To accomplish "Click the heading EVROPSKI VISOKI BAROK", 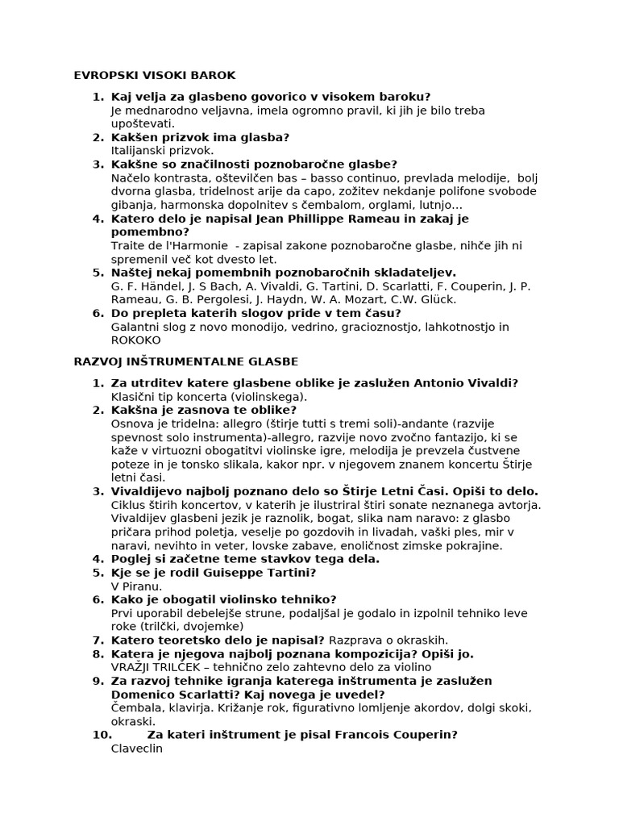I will point(155,75).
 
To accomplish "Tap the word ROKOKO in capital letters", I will point(135,340).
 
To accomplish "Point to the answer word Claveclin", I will point(137,748).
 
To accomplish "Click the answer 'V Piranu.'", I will point(136,586).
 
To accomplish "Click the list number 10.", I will point(102,735).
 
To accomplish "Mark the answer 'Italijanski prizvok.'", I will point(162,150).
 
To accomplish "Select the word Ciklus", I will point(130,504).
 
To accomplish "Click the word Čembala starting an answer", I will point(139,707).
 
